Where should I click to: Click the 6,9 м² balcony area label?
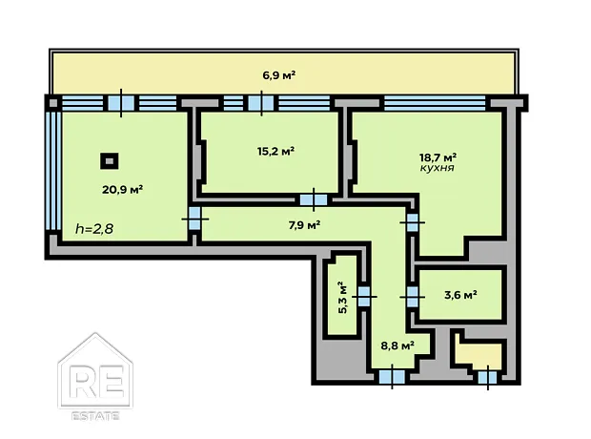(x=279, y=75)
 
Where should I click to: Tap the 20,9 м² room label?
(x=123, y=190)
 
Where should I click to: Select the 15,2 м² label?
(x=275, y=152)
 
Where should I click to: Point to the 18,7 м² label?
(x=438, y=157)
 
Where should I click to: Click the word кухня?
(x=437, y=168)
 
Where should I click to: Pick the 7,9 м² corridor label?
(x=304, y=225)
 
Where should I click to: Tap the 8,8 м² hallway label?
(x=398, y=345)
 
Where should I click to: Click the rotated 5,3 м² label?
(x=342, y=297)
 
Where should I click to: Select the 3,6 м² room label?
(x=461, y=295)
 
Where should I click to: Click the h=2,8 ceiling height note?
(x=94, y=229)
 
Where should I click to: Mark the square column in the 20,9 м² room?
(x=110, y=161)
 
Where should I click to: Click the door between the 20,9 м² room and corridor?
(x=194, y=219)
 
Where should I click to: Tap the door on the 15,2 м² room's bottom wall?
(x=314, y=199)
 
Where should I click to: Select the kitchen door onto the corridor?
(x=413, y=222)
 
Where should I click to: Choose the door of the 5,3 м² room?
(x=364, y=296)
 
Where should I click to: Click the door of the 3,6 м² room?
(x=413, y=297)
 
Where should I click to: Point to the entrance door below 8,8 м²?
(x=392, y=376)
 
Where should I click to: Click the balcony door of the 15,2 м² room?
(x=261, y=103)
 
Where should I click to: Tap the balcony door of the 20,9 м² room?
(x=121, y=103)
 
